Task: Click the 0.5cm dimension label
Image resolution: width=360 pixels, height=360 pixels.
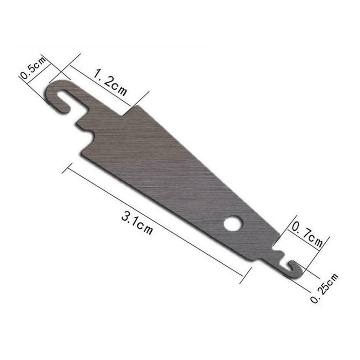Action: coord(33,68)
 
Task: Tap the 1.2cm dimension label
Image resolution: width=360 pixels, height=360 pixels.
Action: coord(110,82)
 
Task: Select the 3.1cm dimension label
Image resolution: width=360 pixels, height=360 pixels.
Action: coord(137,223)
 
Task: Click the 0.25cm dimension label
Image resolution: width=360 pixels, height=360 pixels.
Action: coord(324,288)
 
